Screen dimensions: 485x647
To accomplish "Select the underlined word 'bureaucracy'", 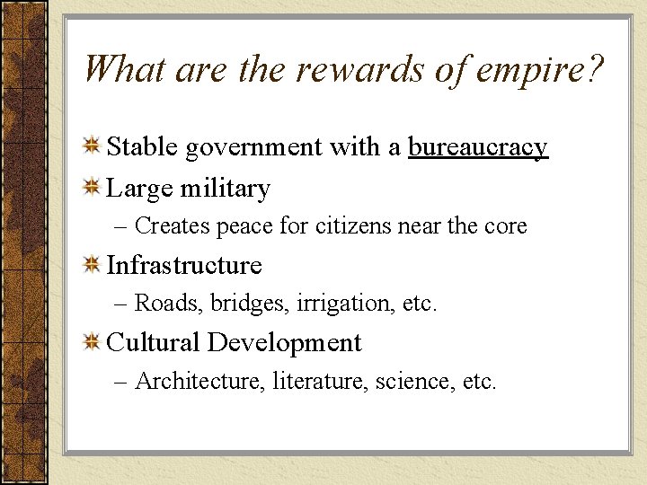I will [477, 147].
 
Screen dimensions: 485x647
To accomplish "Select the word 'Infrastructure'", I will [184, 266].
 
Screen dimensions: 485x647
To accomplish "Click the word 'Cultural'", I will [153, 343].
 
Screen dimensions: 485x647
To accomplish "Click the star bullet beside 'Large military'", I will [91, 188].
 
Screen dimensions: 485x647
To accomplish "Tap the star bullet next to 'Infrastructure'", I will [91, 265].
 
